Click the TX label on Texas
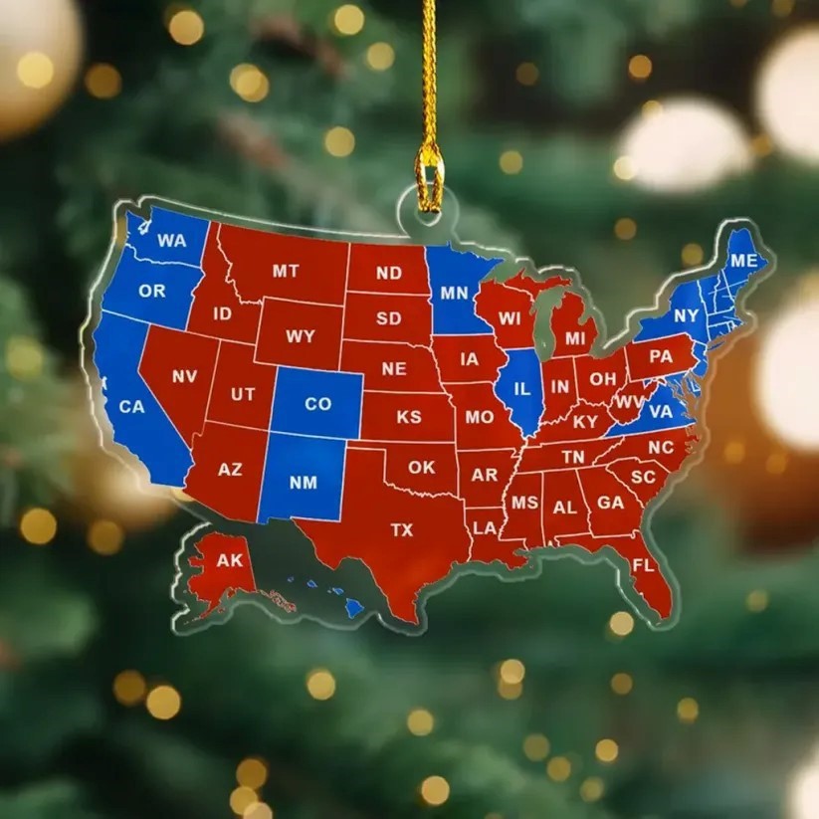(x=402, y=530)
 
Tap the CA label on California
(x=132, y=406)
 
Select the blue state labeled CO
(x=317, y=403)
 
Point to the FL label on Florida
(x=643, y=564)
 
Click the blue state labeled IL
(x=520, y=389)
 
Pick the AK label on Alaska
(x=230, y=560)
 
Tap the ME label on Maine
(x=743, y=261)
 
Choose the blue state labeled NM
(x=303, y=483)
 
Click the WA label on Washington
(x=172, y=241)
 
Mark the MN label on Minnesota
(x=454, y=293)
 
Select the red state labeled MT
(x=286, y=271)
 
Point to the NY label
(x=687, y=316)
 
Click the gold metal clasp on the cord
(x=430, y=180)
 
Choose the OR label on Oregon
(x=152, y=292)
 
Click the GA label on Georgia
(x=610, y=503)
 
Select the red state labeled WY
(x=300, y=336)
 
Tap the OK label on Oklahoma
(x=421, y=466)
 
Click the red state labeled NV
(x=184, y=376)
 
